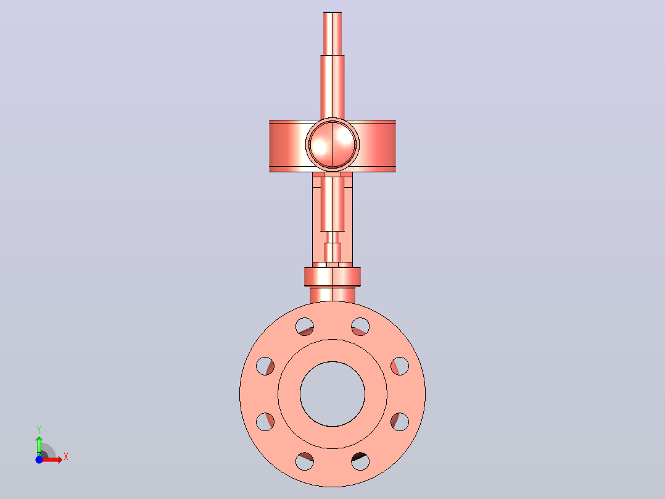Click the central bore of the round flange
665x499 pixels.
point(332,393)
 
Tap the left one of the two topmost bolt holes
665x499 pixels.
point(305,327)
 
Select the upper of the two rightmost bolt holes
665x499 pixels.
point(400,366)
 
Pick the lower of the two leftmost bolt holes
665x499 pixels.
point(265,422)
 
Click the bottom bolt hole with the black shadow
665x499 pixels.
point(360,461)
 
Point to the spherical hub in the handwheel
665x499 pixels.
point(332,145)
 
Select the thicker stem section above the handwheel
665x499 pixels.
point(332,87)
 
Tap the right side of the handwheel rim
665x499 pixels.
point(377,146)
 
